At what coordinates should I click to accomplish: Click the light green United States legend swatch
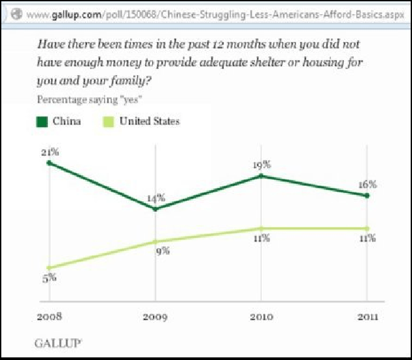pyautogui.click(x=108, y=120)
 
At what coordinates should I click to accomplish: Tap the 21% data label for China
pyautogui.click(x=46, y=152)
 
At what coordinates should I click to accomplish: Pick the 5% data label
pyautogui.click(x=50, y=278)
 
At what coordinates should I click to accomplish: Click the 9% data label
pyautogui.click(x=163, y=250)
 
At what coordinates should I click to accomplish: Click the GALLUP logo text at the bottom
pyautogui.click(x=58, y=342)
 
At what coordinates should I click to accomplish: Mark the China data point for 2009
pyautogui.click(x=155, y=209)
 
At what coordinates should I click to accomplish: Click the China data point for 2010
pyautogui.click(x=261, y=175)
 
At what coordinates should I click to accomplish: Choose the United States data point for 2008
pyautogui.click(x=49, y=267)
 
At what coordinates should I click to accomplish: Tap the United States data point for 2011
pyautogui.click(x=367, y=228)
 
